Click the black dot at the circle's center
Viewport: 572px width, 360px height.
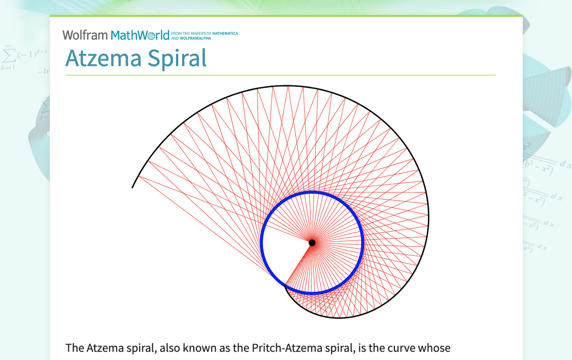(x=312, y=243)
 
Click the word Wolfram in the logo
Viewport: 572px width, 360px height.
(x=85, y=35)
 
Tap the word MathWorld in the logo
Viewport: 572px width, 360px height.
(x=140, y=35)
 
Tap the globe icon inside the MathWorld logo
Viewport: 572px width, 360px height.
(x=151, y=36)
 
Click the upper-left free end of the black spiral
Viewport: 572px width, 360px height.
(x=132, y=187)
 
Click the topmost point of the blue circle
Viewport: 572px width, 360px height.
(x=312, y=192)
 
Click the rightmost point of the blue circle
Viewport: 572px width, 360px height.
(x=363, y=243)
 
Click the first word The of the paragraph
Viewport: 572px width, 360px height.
(x=75, y=348)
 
